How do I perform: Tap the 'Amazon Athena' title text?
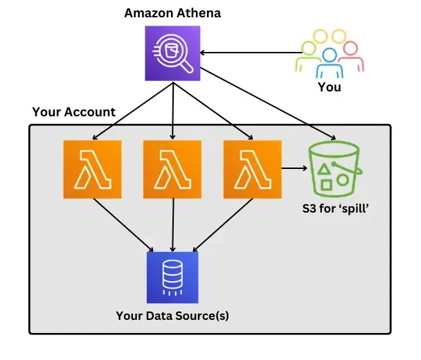coord(172,13)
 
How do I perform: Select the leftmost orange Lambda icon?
coord(92,170)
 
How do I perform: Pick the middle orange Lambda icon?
coord(172,170)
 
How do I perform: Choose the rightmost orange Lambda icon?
coord(252,170)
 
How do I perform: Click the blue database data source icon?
coord(172,277)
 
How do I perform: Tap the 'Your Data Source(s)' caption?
coord(172,316)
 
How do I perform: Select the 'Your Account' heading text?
coord(73,112)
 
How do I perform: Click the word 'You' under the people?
coord(329,87)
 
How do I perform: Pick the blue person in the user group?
coord(329,62)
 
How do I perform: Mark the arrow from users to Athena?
coord(249,53)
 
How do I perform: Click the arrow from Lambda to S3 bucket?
coord(294,168)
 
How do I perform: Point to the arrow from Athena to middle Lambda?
coord(172,111)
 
